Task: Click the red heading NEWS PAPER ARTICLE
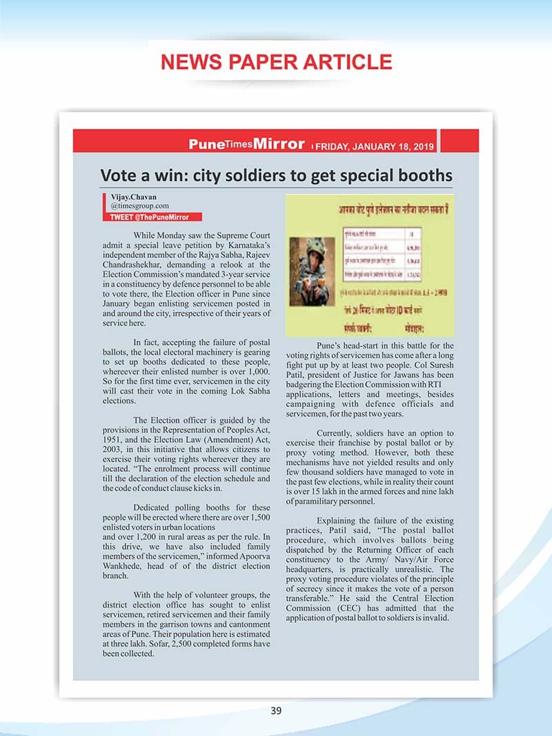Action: (276, 62)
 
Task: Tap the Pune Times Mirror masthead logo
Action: (246, 144)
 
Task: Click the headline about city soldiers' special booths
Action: (276, 175)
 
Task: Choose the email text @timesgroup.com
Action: (140, 206)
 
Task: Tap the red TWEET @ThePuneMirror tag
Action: (150, 217)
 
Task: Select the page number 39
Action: (276, 711)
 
